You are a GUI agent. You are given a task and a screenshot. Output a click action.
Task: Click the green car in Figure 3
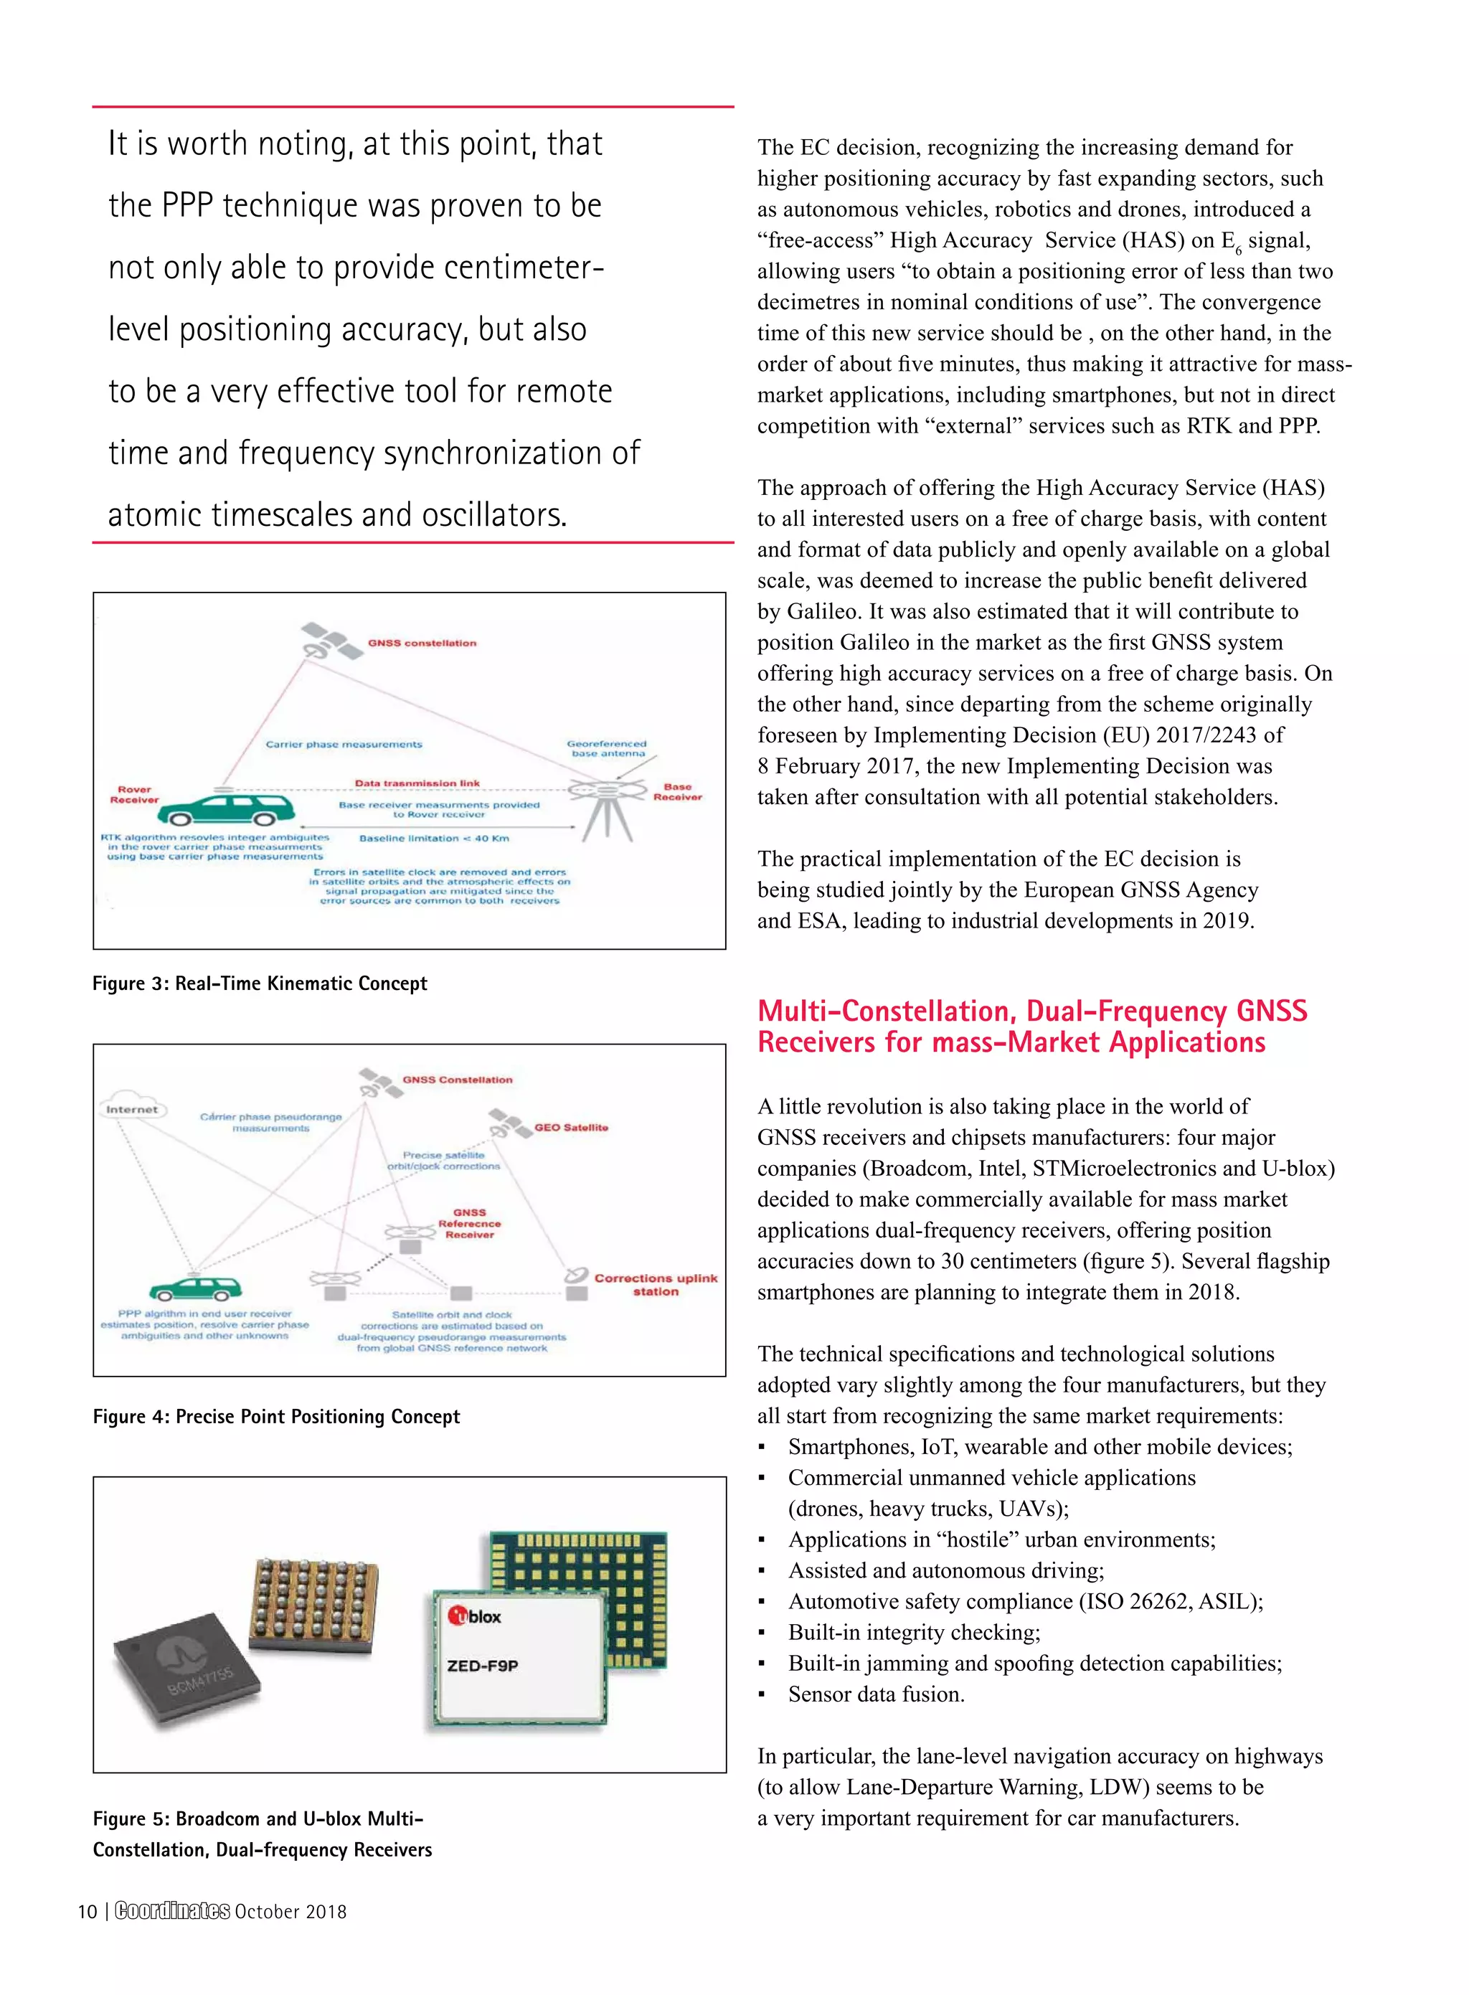click(x=230, y=808)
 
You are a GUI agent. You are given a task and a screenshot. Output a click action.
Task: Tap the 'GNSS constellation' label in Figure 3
click(x=422, y=643)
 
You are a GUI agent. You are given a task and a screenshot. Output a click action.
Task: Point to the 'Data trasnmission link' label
click(x=417, y=783)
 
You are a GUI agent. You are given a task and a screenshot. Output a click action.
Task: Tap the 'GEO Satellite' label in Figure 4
click(x=571, y=1127)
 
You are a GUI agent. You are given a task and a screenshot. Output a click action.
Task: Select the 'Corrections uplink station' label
click(x=656, y=1284)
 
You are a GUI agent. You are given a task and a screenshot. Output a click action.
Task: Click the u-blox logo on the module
click(x=475, y=1616)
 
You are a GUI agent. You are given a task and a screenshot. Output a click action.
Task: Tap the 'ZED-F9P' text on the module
click(x=482, y=1666)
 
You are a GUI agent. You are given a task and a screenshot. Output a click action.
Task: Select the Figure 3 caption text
click(x=260, y=984)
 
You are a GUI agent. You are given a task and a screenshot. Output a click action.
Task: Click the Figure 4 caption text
click(x=275, y=1417)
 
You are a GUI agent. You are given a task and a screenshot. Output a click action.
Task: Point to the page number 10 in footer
click(x=87, y=1911)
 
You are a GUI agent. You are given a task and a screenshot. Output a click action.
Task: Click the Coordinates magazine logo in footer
click(x=173, y=1911)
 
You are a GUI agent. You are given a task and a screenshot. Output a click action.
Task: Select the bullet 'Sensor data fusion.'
click(x=876, y=1694)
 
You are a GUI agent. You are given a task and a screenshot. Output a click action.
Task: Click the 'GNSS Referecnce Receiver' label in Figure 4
click(x=470, y=1223)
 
